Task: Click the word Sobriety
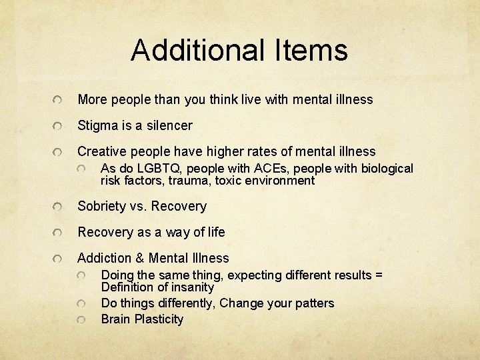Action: [x=103, y=206]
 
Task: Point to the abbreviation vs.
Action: [x=139, y=206]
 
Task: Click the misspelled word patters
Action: [x=313, y=303]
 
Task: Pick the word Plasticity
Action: [x=159, y=319]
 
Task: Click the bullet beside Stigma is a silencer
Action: [x=59, y=126]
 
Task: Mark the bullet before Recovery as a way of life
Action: [x=59, y=233]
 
